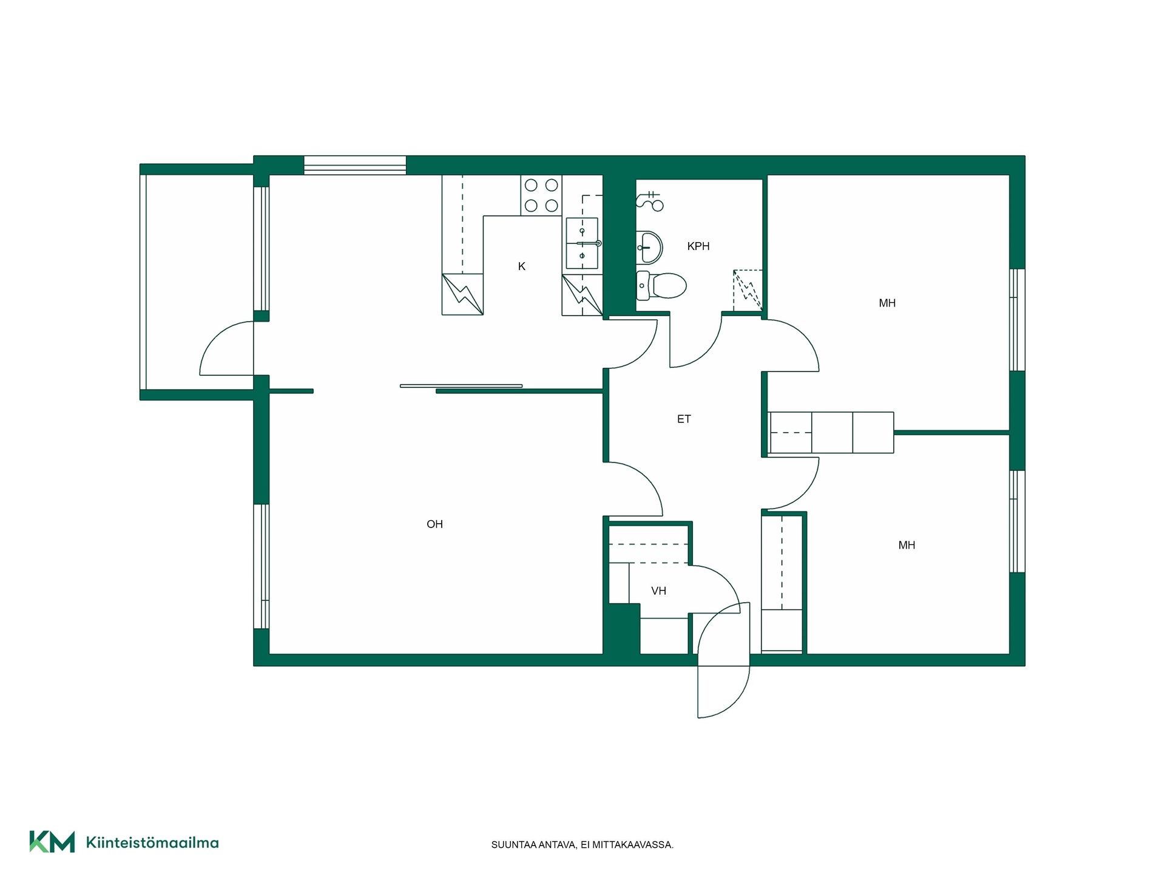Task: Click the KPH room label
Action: click(x=698, y=246)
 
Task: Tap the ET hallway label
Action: click(x=684, y=419)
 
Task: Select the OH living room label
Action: click(x=434, y=524)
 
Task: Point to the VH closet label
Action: click(x=658, y=591)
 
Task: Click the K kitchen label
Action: click(x=522, y=266)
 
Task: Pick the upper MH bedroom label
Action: click(x=887, y=303)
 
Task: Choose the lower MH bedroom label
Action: click(x=907, y=545)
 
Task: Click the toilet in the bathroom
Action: click(x=661, y=285)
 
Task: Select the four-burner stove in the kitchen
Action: click(x=541, y=195)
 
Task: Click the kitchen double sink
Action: click(x=582, y=243)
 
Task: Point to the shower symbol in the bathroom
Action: click(x=650, y=200)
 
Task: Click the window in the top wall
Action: click(x=355, y=165)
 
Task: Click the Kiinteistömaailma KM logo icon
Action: click(x=52, y=842)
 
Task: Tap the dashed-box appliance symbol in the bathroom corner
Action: click(x=748, y=290)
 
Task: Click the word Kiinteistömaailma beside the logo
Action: click(x=152, y=842)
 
